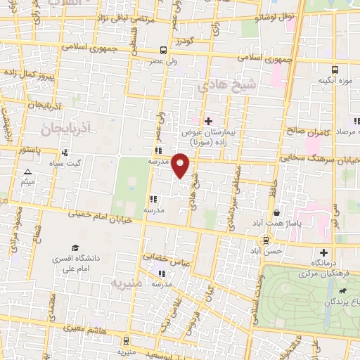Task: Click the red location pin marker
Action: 181,165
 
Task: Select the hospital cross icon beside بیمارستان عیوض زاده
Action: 207,120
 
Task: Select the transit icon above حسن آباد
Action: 257,240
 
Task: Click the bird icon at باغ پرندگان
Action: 341,290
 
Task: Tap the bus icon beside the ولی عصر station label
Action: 163,50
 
